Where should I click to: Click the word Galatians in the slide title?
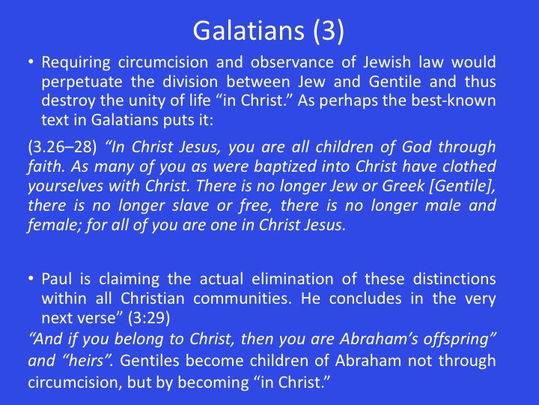coord(249,31)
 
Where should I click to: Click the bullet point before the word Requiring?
coord(31,62)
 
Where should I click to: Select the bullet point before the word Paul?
coord(31,278)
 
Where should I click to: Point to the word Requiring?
coord(76,63)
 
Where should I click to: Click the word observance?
coord(292,62)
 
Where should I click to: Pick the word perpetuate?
coord(82,82)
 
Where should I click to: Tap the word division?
coord(190,82)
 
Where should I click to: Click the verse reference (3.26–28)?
coord(62,147)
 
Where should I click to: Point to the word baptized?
coord(285,167)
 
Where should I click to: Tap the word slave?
coord(190,205)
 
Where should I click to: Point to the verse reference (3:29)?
coord(149,318)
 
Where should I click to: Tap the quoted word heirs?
coord(92,361)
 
